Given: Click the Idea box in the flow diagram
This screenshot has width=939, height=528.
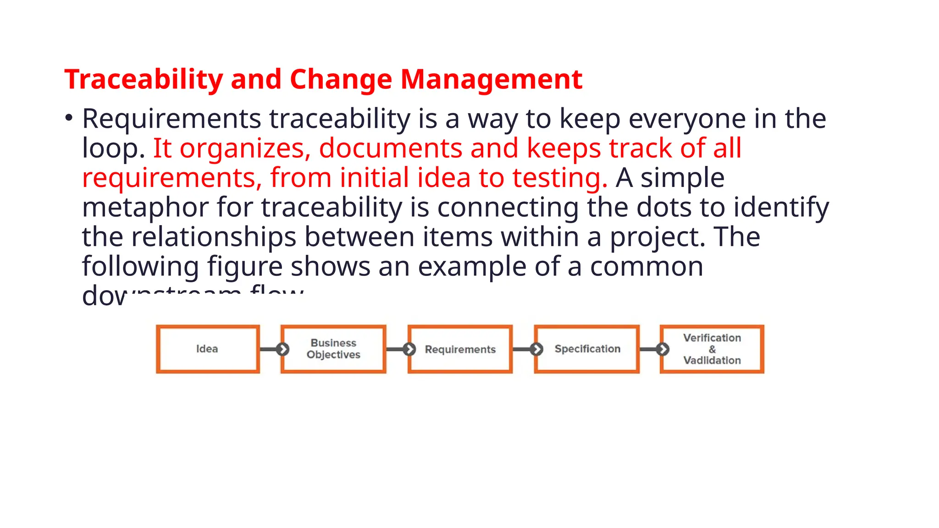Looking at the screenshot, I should pyautogui.click(x=208, y=349).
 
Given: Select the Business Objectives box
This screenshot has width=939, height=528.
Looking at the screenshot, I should pyautogui.click(x=333, y=349).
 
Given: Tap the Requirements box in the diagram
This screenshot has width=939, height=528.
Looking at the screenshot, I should pyautogui.click(x=460, y=349).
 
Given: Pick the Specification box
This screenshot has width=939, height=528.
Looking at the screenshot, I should pyautogui.click(x=587, y=349).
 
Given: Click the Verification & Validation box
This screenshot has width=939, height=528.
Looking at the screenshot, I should pyautogui.click(x=712, y=349).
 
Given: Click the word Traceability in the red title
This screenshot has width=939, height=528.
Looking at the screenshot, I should pyautogui.click(x=144, y=79).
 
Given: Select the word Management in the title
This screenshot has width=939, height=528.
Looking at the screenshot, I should pyautogui.click(x=491, y=79).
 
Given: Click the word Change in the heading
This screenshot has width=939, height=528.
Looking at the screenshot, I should pyautogui.click(x=341, y=79).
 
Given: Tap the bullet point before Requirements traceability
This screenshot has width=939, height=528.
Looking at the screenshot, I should pyautogui.click(x=69, y=118).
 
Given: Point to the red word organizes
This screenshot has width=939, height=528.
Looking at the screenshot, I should pyautogui.click(x=242, y=148).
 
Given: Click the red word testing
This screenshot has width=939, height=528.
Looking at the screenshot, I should pyautogui.click(x=559, y=178).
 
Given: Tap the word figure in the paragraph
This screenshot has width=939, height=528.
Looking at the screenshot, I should pyautogui.click(x=244, y=267).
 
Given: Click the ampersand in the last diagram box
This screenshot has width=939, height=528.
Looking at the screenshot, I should pyautogui.click(x=712, y=349).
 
